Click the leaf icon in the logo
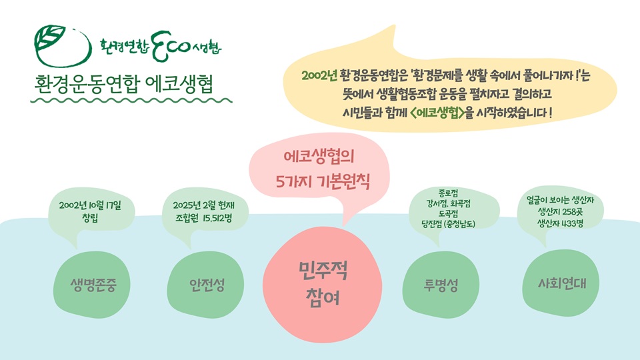(50, 37)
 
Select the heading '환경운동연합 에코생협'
(124, 84)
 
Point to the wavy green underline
(131, 101)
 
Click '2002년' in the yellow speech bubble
(319, 75)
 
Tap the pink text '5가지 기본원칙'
(323, 181)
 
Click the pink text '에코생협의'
(319, 156)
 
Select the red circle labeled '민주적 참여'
(323, 285)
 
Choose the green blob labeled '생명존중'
(92, 285)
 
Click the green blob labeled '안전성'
(206, 285)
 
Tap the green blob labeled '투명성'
(441, 285)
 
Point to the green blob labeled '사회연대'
(561, 283)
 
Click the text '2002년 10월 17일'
(90, 205)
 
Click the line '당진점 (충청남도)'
(448, 224)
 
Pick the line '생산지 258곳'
(560, 212)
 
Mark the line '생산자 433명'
(560, 223)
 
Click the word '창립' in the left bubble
(90, 217)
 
